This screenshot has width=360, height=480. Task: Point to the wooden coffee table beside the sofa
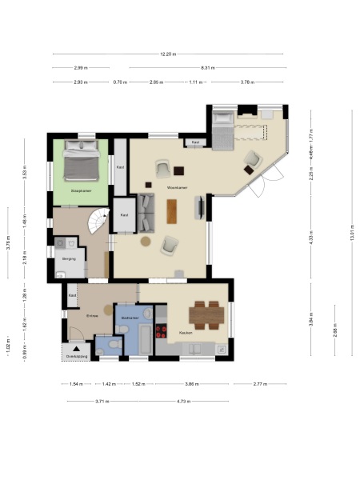point(171,210)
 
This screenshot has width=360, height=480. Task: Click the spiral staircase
point(98,218)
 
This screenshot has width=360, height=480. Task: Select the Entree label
point(92,316)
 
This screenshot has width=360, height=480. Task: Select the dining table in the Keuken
point(209,314)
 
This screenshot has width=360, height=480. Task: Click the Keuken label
point(185,332)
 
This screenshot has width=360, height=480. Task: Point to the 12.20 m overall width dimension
point(167,54)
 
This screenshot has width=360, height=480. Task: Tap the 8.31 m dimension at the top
point(207,68)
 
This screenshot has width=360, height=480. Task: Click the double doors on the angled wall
point(258,187)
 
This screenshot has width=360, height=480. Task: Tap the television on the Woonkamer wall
point(200,208)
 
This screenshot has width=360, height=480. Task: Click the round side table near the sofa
point(146,241)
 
